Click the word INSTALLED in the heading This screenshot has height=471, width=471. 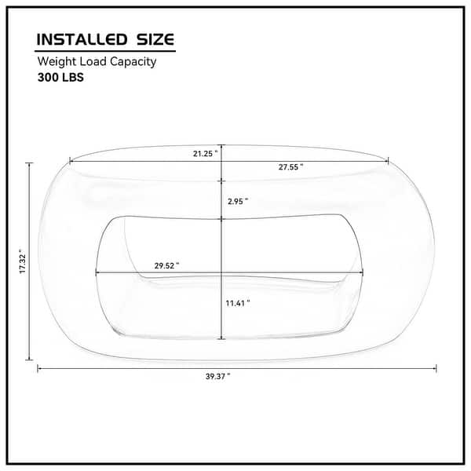tap(82, 40)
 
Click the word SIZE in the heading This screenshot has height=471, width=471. tap(155, 40)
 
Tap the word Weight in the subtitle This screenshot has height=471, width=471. tap(57, 61)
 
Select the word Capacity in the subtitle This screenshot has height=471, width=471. tap(133, 61)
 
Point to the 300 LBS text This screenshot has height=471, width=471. tap(60, 78)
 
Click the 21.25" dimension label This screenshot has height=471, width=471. tap(205, 154)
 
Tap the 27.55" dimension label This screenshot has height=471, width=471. tap(290, 167)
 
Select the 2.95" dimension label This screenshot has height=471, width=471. tap(238, 201)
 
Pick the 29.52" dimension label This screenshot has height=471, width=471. tap(166, 265)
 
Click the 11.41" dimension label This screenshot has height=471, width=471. tap(238, 303)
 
